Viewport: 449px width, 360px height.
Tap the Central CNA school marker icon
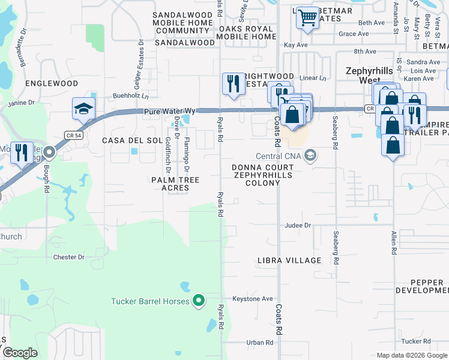[310, 156]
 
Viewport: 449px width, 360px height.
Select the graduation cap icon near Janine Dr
[84, 109]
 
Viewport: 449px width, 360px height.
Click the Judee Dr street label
[298, 226]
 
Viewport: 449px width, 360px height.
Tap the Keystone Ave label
[253, 298]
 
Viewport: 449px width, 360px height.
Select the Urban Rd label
[260, 343]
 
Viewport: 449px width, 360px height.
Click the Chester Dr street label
[69, 257]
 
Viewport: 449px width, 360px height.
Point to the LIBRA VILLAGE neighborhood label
[289, 260]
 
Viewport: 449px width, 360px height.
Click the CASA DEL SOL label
[133, 140]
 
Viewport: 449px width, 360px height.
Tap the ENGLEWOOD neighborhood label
[52, 83]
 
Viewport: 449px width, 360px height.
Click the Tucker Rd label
[416, 341]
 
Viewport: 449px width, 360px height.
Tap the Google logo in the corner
[19, 353]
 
